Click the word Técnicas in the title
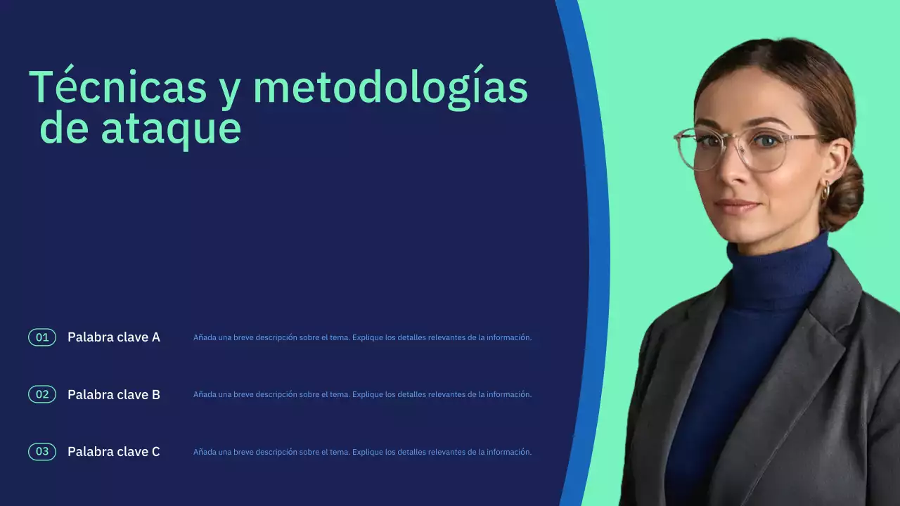(x=117, y=88)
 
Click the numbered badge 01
(x=42, y=337)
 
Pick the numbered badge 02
(x=42, y=394)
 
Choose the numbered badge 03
(x=42, y=452)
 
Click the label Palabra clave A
(x=114, y=337)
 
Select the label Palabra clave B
(x=114, y=395)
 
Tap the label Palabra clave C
(x=114, y=452)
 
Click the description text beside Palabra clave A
(x=362, y=337)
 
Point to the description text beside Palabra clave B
(x=362, y=395)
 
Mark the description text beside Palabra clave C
(x=362, y=452)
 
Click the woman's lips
(x=736, y=207)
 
